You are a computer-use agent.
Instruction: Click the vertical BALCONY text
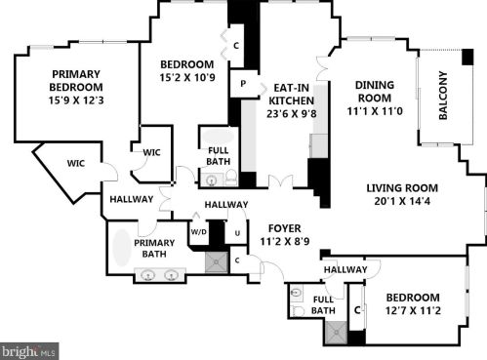click(442, 96)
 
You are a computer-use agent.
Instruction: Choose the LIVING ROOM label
click(402, 188)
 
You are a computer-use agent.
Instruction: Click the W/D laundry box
click(199, 231)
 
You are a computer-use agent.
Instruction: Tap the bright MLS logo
click(29, 350)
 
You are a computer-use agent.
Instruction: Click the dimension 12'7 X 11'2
click(412, 311)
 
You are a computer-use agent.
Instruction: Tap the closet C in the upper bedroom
click(237, 43)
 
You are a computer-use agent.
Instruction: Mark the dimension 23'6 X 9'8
click(292, 112)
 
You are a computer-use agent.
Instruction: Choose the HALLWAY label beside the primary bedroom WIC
click(131, 199)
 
